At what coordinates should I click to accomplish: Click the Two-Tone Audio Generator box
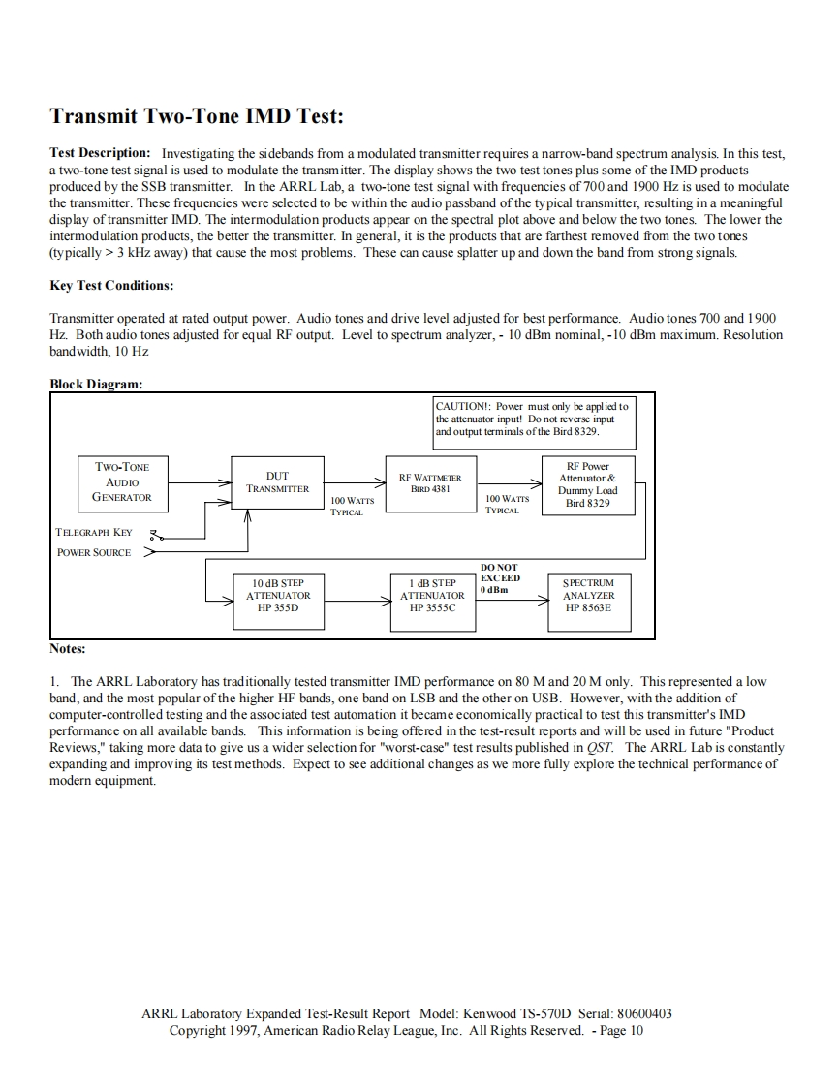point(122,481)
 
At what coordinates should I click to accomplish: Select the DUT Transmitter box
point(270,482)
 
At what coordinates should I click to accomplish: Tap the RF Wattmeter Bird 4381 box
point(429,482)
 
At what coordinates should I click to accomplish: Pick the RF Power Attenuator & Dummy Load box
point(587,484)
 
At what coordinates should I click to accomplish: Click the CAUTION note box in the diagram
point(532,418)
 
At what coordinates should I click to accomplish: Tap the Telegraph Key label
point(94,532)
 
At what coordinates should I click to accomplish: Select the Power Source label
point(94,552)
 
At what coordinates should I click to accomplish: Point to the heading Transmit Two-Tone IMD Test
point(196,116)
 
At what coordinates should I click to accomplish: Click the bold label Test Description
point(100,153)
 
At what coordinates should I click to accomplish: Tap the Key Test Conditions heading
point(110,286)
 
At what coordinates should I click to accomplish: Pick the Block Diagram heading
point(96,384)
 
